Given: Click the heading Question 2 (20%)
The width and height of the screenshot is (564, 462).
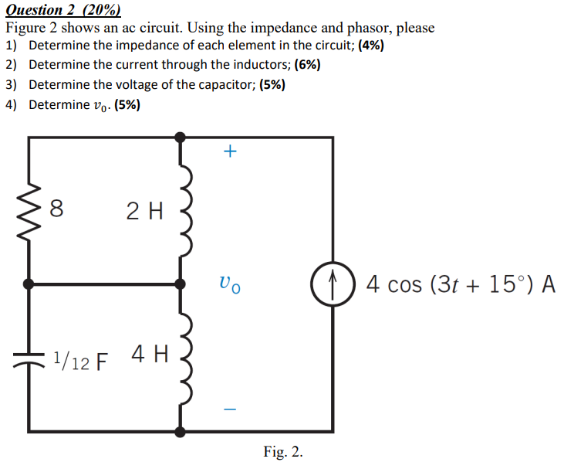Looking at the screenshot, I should (x=63, y=10).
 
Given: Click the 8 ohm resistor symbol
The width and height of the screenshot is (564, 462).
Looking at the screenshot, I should (x=29, y=209).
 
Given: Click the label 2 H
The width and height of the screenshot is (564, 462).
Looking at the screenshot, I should (x=144, y=210).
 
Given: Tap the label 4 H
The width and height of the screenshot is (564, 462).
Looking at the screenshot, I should (x=149, y=355).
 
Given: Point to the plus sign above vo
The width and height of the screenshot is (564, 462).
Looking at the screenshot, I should (x=229, y=152).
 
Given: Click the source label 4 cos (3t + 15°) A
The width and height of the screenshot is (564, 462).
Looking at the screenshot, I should (x=461, y=284).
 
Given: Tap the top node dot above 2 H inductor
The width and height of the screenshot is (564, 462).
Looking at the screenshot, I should (x=181, y=138).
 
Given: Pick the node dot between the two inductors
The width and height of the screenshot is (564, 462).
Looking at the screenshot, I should (x=181, y=284).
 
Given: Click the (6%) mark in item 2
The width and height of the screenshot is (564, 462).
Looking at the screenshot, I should (x=307, y=65).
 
